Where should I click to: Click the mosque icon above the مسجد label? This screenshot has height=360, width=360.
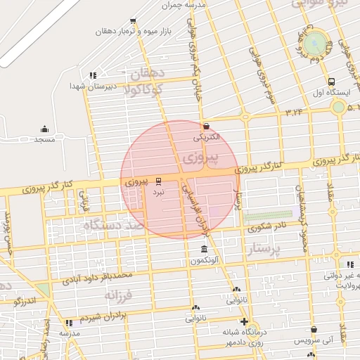[44, 129]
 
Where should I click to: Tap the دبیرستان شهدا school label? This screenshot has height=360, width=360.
[86, 85]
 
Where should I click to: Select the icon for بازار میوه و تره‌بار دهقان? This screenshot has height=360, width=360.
[133, 21]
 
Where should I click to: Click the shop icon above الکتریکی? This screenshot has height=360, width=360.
[205, 126]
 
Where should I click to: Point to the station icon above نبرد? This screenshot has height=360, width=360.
[158, 181]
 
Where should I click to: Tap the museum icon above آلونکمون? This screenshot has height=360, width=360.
[204, 250]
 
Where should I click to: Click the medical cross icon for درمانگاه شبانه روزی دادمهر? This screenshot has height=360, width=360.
[244, 321]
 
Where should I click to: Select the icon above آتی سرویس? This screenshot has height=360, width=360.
[313, 329]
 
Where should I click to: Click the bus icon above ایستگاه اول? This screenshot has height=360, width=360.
[331, 81]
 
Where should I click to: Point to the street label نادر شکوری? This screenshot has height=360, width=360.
[266, 226]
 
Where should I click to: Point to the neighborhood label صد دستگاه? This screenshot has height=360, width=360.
[112, 226]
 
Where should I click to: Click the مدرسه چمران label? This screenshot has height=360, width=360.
[183, 5]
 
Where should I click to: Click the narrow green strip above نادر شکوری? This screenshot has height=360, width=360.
[268, 216]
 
